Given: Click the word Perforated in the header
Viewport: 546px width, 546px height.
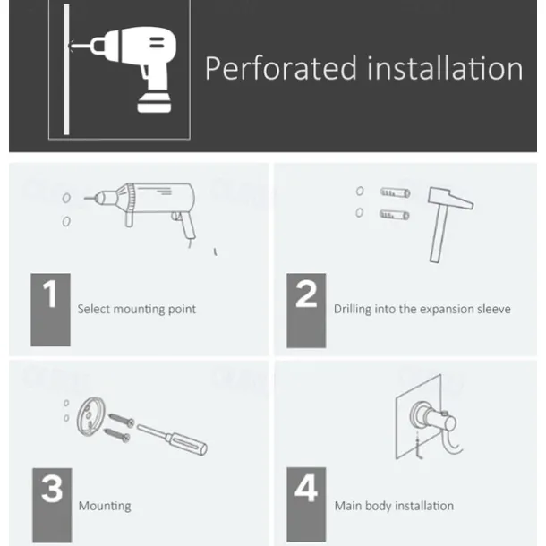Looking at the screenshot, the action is pyautogui.click(x=281, y=68).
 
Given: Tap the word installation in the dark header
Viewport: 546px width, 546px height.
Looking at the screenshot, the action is pyautogui.click(x=445, y=68).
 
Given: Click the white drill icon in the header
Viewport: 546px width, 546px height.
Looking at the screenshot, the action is pyautogui.click(x=124, y=69).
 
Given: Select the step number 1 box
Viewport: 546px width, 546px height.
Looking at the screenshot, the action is pyautogui.click(x=50, y=310).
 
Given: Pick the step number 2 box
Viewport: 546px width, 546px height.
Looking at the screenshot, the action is pyautogui.click(x=306, y=311).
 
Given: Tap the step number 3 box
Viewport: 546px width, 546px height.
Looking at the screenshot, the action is pyautogui.click(x=52, y=505).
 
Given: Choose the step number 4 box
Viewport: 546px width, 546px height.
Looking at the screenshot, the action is pyautogui.click(x=306, y=505).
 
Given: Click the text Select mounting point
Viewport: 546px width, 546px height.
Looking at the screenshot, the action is pyautogui.click(x=136, y=309).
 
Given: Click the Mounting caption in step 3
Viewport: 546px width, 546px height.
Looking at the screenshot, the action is pyautogui.click(x=105, y=506).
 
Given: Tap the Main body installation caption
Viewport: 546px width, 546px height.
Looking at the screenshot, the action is pyautogui.click(x=394, y=506).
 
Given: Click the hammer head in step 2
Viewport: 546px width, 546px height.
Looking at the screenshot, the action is pyautogui.click(x=450, y=198).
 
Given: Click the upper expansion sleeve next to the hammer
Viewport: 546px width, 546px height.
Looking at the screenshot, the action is pyautogui.click(x=395, y=192).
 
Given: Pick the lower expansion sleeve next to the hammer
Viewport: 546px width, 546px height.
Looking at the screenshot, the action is pyautogui.click(x=394, y=215).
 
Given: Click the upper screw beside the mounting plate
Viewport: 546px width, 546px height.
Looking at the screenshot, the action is pyautogui.click(x=121, y=420).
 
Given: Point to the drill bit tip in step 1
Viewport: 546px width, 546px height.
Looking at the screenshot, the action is pyautogui.click(x=85, y=199).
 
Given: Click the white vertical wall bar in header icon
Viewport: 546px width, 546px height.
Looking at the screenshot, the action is pyautogui.click(x=66, y=70).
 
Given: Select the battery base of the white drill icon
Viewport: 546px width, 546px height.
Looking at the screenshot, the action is pyautogui.click(x=154, y=103).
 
